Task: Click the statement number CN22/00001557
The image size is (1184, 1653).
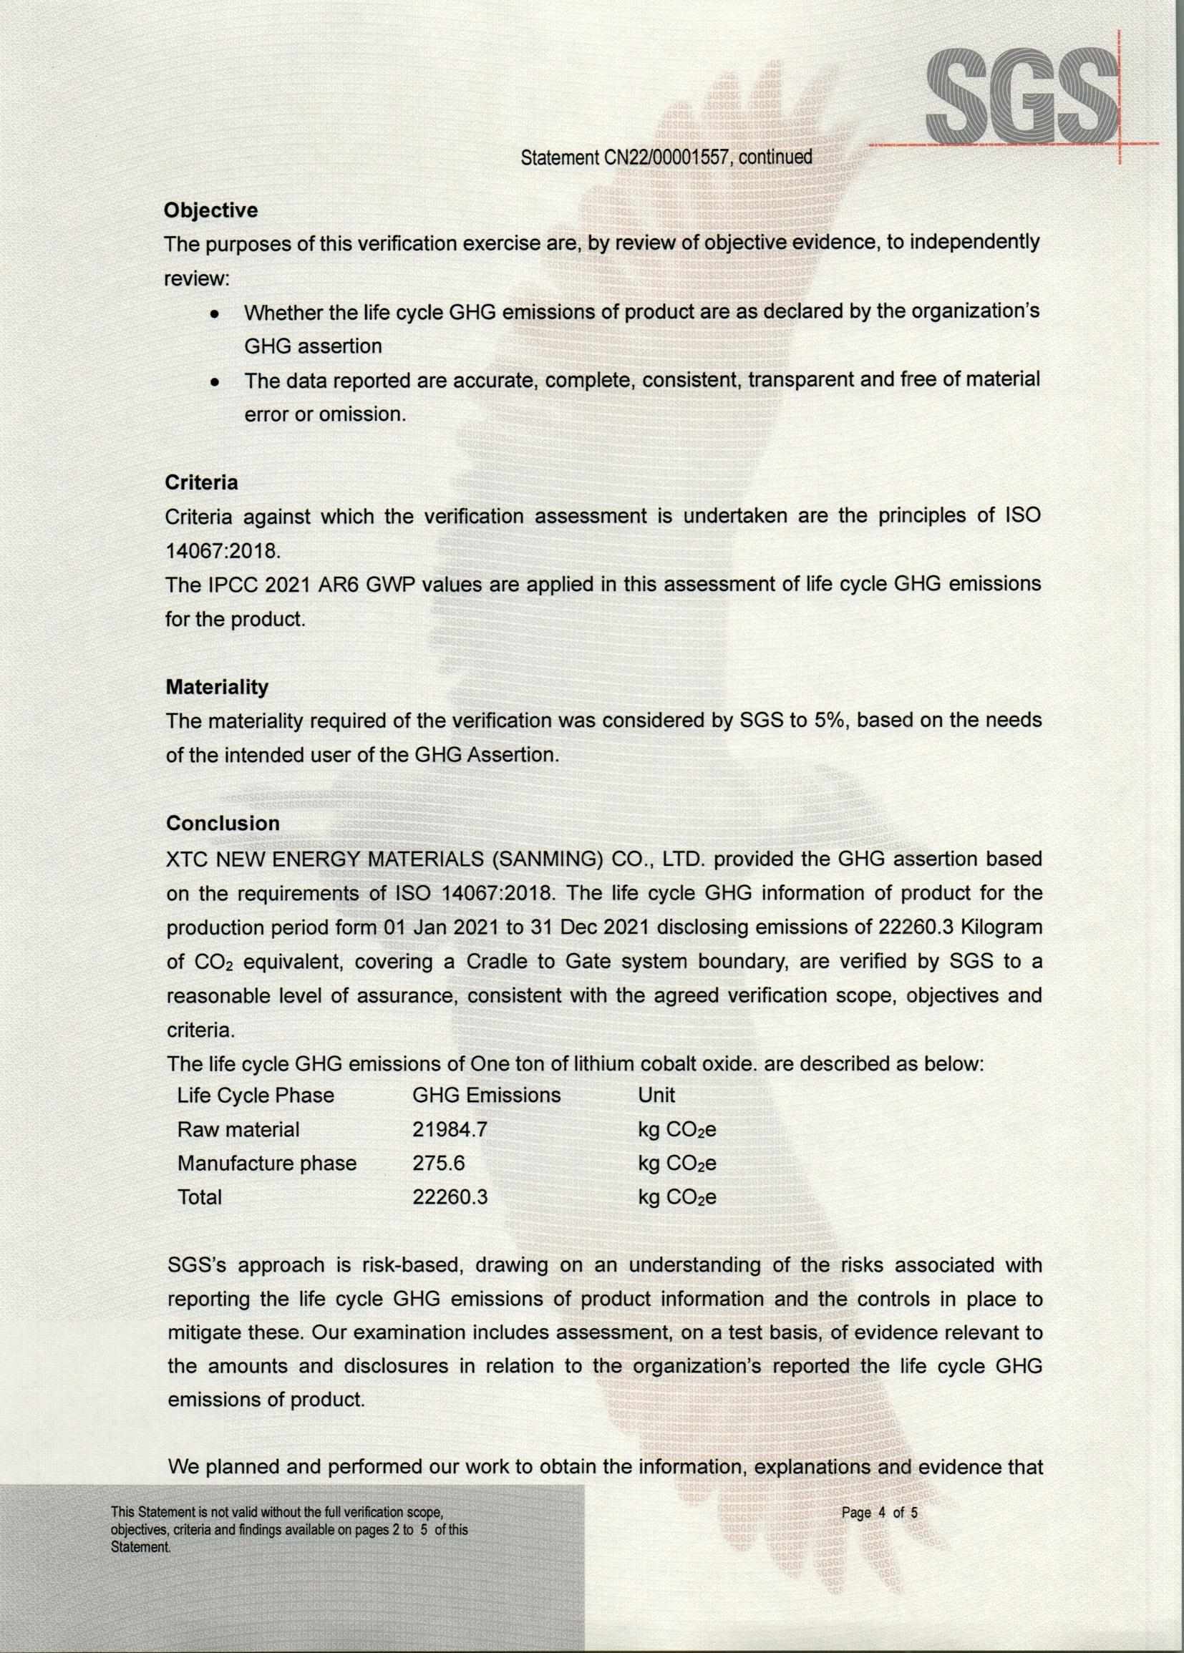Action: tap(666, 157)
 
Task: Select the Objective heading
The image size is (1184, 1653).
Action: tap(210, 210)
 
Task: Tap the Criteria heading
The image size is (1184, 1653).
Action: tap(201, 482)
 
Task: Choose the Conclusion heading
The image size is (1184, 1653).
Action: tap(223, 823)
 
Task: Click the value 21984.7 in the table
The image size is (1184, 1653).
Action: tap(450, 1129)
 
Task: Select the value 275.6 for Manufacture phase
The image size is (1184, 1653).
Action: tap(438, 1163)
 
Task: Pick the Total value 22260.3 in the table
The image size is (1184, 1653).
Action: tap(450, 1196)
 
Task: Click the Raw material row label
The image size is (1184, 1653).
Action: tap(238, 1129)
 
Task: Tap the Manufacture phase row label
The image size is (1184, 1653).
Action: tap(267, 1163)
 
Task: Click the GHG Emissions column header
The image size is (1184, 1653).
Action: tap(486, 1095)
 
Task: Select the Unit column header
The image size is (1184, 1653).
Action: tap(656, 1095)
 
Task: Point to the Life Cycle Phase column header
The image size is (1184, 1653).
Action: tap(255, 1095)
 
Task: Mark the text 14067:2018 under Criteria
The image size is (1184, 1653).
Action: tap(223, 551)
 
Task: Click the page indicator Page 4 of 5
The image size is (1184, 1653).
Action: tap(879, 1512)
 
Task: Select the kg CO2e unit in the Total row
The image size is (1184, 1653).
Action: tap(676, 1196)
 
